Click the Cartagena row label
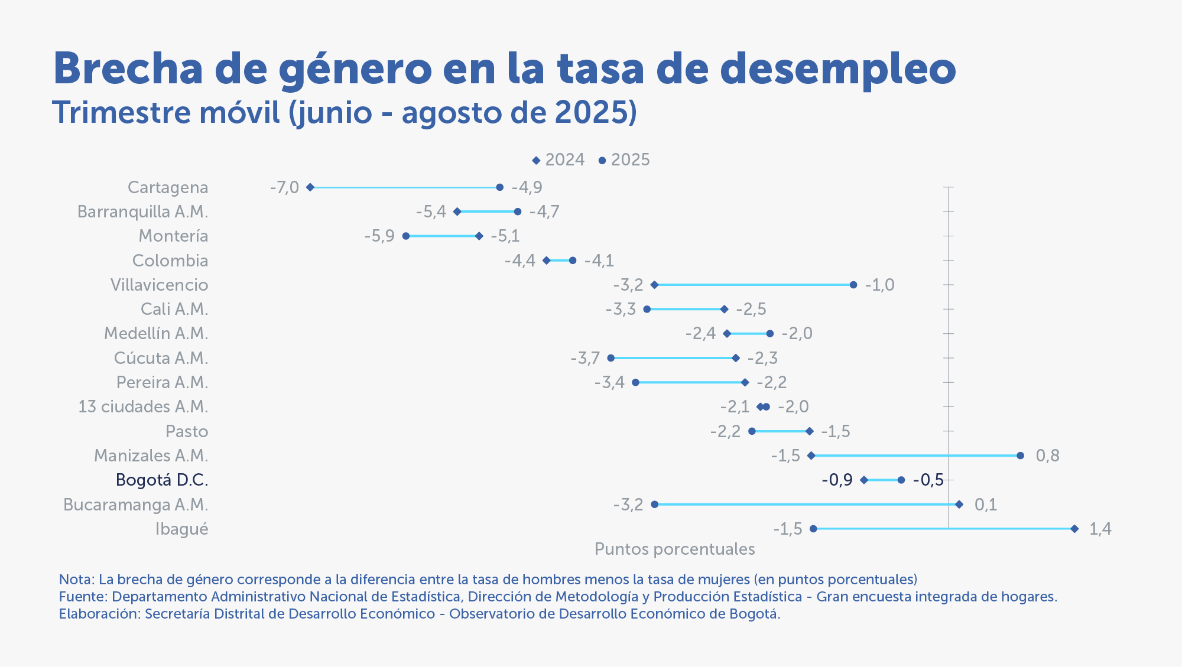[168, 187]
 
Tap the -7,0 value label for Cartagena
[284, 187]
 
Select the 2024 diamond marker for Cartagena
[310, 187]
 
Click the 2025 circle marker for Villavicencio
[853, 285]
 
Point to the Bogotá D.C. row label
[162, 480]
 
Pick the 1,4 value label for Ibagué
[1100, 529]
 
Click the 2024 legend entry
[558, 160]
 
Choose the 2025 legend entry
[625, 160]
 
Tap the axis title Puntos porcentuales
[674, 549]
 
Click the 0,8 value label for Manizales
[1047, 455]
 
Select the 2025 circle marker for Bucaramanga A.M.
[654, 505]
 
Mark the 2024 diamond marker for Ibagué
[1074, 529]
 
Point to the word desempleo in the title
[837, 70]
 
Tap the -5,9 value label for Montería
[379, 236]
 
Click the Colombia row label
[170, 261]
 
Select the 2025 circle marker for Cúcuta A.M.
[611, 358]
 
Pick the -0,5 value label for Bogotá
[928, 480]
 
